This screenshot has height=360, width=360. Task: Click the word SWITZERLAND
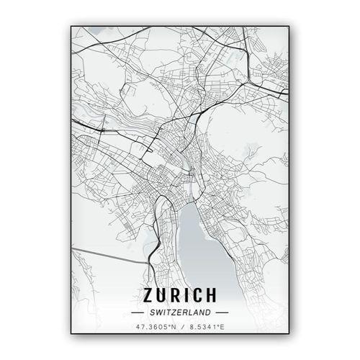[181, 312]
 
